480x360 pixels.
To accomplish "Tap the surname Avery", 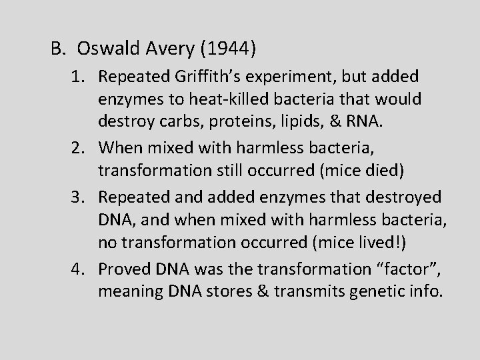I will pyautogui.click(x=161, y=49).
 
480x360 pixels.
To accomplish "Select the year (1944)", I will pyautogui.click(x=223, y=49).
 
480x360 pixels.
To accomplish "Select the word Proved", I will pyautogui.click(x=124, y=270).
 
